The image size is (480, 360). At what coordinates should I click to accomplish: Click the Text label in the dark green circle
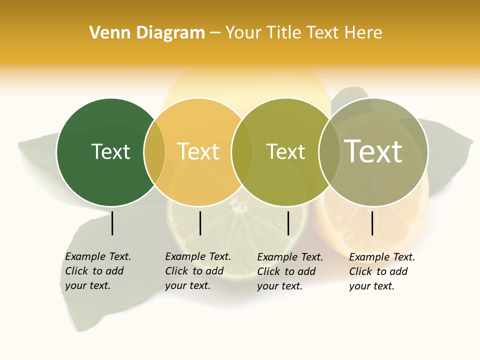click(x=110, y=151)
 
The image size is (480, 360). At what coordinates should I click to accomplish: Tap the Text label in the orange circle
click(x=198, y=151)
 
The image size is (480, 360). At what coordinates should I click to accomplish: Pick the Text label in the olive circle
click(x=285, y=151)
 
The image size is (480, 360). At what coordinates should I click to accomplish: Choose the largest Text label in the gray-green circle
click(x=373, y=151)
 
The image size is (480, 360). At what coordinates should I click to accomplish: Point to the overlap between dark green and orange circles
click(x=154, y=152)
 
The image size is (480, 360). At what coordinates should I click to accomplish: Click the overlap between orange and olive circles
click(x=242, y=152)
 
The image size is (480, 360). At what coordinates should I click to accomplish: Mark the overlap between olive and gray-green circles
click(x=329, y=152)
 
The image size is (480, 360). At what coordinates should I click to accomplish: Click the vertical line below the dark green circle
click(x=112, y=223)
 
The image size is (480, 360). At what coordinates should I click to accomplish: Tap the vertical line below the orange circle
click(x=200, y=223)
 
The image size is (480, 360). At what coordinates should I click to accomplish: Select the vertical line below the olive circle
click(x=288, y=223)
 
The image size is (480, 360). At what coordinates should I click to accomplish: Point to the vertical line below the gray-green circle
click(x=372, y=223)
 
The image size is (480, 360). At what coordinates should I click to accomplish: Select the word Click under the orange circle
click(x=176, y=271)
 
